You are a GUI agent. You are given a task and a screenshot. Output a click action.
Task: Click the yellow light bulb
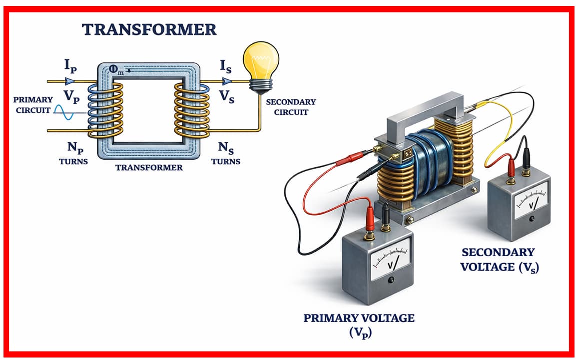coord(260,63)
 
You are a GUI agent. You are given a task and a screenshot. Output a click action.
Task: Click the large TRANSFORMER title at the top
coord(149,29)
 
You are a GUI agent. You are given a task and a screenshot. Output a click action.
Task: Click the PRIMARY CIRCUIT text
coord(33,105)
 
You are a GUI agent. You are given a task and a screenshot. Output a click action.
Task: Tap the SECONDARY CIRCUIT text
coord(291,107)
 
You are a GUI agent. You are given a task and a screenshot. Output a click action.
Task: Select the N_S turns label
coord(226,148)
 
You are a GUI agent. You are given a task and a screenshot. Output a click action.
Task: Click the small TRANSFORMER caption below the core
coord(149,168)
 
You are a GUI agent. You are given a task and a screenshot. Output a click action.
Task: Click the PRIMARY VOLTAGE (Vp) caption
coord(359,324)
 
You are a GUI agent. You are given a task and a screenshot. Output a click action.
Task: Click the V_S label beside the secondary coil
coord(227,96)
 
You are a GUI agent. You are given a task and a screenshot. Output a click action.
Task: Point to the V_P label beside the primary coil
coord(71,96)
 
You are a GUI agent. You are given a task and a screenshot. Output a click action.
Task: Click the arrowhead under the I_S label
coord(227,80)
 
